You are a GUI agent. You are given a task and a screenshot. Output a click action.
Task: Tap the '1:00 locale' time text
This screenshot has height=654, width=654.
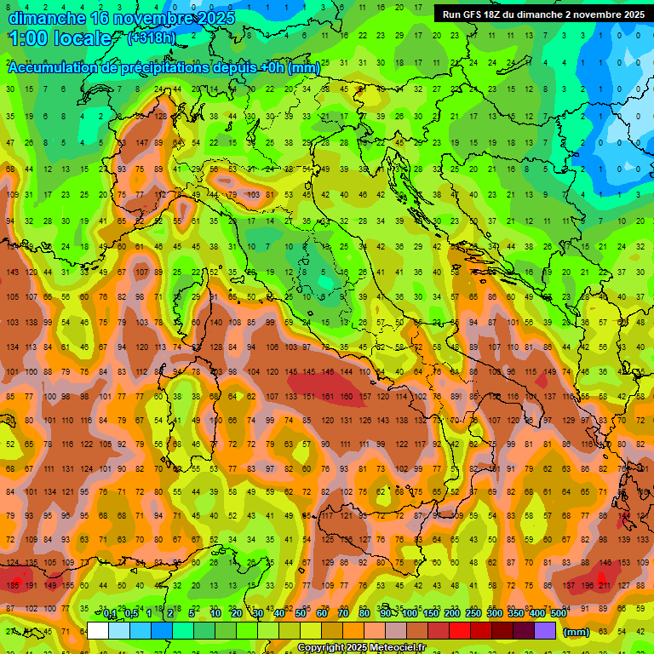60,38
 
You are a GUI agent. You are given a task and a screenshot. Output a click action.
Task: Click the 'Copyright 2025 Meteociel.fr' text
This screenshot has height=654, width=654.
361,648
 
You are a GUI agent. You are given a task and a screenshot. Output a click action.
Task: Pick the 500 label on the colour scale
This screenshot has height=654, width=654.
558,613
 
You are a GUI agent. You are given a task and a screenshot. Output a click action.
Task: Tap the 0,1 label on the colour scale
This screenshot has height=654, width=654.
110,613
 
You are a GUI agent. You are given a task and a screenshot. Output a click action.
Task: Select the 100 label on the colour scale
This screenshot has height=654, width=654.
409,613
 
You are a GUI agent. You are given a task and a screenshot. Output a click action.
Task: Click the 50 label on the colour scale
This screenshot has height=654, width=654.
301,613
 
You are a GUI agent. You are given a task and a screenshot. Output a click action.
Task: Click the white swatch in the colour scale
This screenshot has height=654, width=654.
98,631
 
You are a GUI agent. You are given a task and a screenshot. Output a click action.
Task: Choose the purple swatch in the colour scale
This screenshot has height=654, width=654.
546,631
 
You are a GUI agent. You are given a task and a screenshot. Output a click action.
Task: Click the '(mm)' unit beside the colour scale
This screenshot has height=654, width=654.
577,632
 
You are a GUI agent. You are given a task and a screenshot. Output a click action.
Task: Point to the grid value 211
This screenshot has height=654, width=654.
605,586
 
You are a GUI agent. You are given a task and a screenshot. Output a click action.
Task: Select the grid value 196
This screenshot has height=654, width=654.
587,586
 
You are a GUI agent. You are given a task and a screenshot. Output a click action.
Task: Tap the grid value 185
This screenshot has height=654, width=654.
12,586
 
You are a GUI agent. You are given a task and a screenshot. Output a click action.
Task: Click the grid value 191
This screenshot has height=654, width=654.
32,586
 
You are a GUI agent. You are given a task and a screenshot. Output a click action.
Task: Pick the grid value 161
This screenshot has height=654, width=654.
327,396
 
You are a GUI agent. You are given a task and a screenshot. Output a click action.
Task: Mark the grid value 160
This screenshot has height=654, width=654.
346,396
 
